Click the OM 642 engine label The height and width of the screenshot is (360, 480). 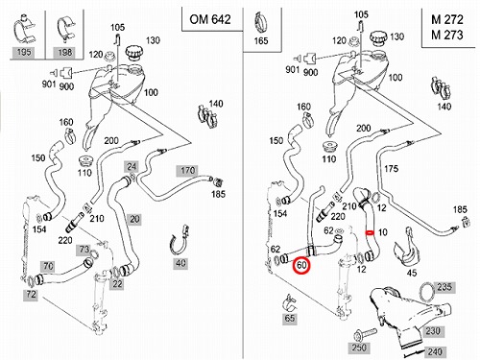click(x=210, y=19)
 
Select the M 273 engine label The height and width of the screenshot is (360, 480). click(x=447, y=35)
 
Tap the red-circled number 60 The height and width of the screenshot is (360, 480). click(x=301, y=265)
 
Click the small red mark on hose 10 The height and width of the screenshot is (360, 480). click(x=370, y=232)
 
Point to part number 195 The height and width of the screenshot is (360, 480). click(x=24, y=52)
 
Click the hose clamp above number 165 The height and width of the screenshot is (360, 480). click(x=261, y=23)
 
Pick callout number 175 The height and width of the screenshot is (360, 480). click(x=391, y=169)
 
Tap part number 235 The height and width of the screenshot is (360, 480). click(x=444, y=287)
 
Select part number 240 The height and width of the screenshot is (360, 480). click(x=435, y=351)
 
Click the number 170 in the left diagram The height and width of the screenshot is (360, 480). click(x=187, y=171)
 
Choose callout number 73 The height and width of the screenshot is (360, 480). click(x=84, y=250)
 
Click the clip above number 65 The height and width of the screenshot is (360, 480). click(x=290, y=303)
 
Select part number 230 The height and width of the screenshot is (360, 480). click(x=433, y=330)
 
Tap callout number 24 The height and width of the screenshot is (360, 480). click(x=132, y=166)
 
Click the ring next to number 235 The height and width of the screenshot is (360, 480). click(x=427, y=292)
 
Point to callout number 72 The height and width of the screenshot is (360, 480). click(x=31, y=295)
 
